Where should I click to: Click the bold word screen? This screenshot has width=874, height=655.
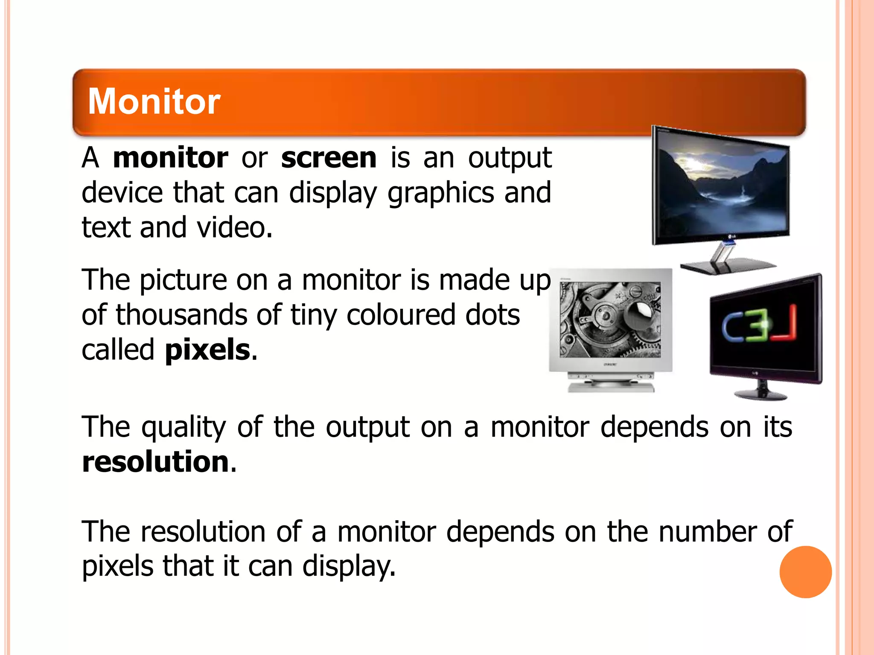coord(329,158)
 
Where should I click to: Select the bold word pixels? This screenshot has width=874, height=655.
coord(207,350)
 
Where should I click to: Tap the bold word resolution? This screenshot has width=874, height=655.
coord(156,462)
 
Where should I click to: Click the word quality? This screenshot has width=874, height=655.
coord(184,428)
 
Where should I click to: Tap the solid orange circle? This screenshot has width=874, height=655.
coord(805,572)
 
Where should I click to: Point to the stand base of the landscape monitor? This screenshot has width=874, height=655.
coord(728,267)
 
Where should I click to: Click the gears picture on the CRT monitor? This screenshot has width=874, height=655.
coord(610,320)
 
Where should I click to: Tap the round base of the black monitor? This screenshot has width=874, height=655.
coord(760,394)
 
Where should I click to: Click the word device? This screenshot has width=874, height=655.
coord(122,193)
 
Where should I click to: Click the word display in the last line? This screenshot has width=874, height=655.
coord(349,567)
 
